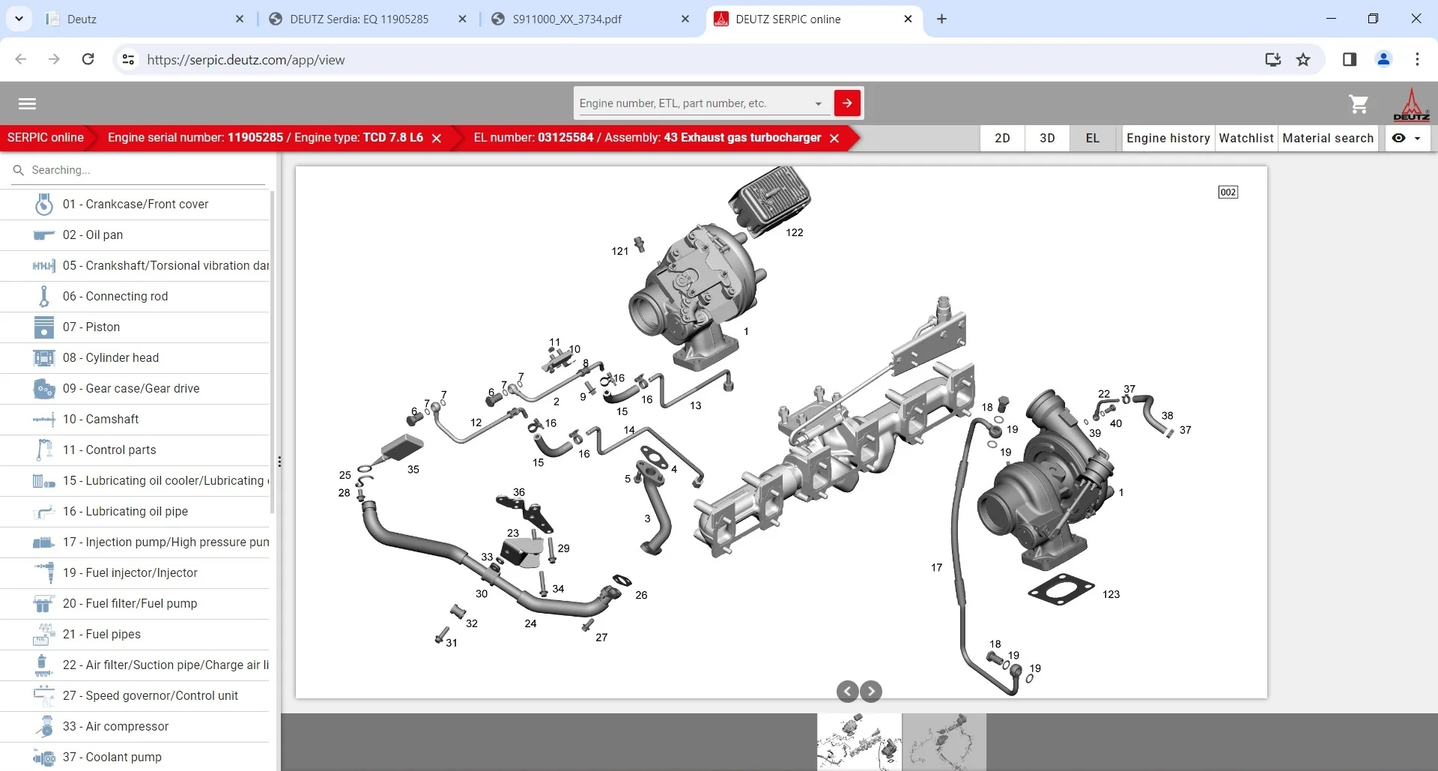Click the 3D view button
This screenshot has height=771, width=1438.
point(1047,138)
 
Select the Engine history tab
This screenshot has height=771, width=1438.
point(1168,138)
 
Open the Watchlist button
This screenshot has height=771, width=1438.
point(1246,138)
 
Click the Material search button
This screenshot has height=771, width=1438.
point(1327,138)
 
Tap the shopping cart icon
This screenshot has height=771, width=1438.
point(1358,104)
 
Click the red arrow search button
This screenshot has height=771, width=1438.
point(847,103)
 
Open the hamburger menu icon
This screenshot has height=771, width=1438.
point(27,104)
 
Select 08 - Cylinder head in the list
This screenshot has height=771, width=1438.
point(111,357)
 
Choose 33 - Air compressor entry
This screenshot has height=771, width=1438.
point(115,726)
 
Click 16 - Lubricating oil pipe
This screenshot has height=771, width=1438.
point(125,511)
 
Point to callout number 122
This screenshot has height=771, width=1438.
point(794,233)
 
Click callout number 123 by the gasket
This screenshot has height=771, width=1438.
point(1111,594)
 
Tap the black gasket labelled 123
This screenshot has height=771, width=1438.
point(1061,589)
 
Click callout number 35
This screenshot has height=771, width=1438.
point(413,470)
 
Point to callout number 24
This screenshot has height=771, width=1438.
point(530,623)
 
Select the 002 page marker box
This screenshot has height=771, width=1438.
point(1228,193)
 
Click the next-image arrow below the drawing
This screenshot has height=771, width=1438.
point(871,691)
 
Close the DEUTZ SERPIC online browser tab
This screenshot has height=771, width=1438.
point(908,19)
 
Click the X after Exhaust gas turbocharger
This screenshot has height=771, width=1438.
point(834,138)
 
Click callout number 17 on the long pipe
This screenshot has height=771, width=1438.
point(936,568)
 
